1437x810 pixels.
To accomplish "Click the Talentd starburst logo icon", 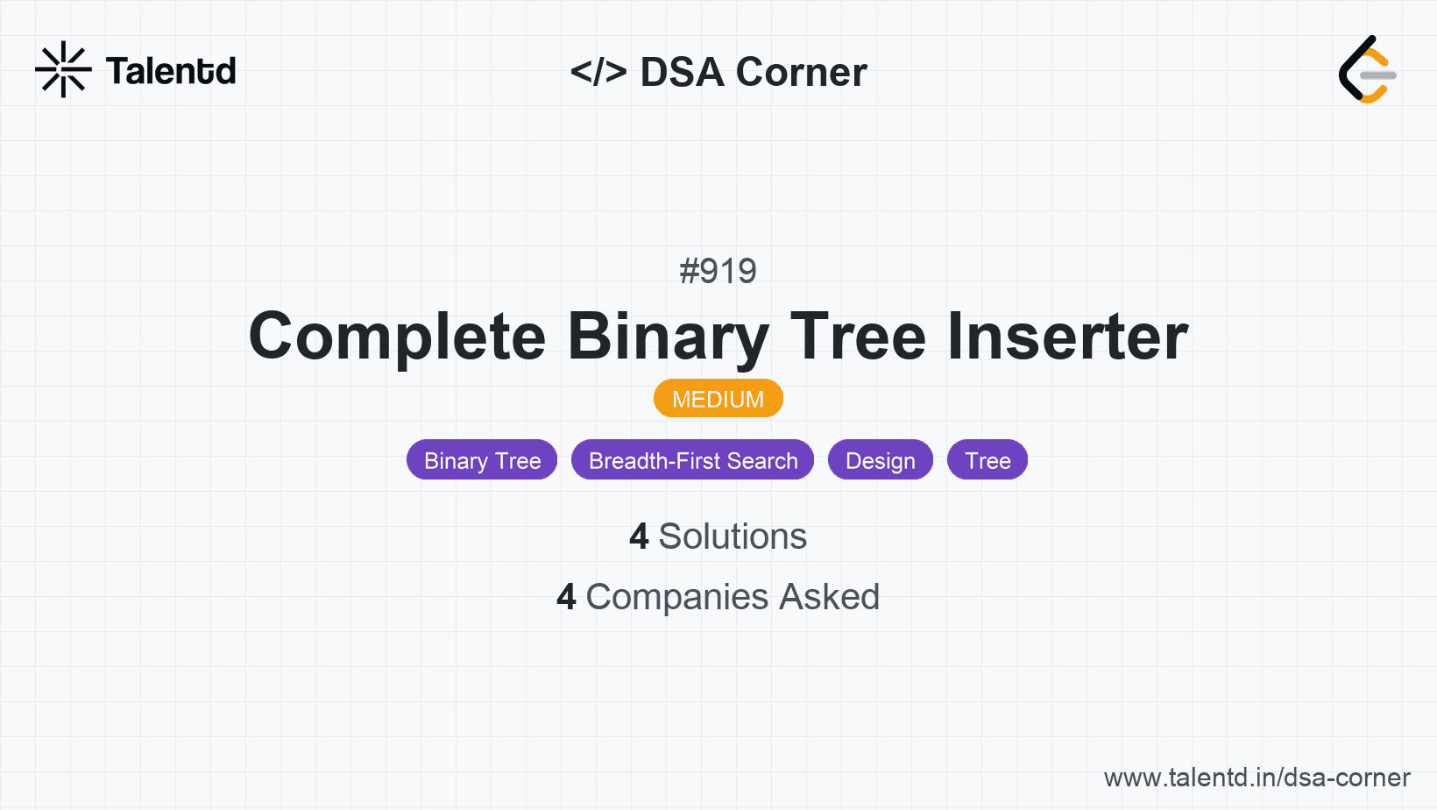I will [63, 69].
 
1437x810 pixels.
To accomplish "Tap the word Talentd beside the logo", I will [171, 71].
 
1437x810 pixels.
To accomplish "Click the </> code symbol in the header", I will [598, 72].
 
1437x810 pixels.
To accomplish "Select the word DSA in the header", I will [682, 72].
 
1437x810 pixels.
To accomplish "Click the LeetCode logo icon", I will [1367, 70].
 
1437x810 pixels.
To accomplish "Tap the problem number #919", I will [718, 271].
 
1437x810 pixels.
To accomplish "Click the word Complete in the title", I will [397, 337].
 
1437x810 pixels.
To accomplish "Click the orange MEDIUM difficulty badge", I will [718, 399].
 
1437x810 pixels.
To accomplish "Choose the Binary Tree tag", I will [482, 460].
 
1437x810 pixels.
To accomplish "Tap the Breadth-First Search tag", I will [692, 460].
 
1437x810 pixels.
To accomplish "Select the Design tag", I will [880, 460].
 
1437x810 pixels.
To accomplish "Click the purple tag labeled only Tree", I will [987, 460].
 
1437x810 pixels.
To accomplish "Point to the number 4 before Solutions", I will [639, 536].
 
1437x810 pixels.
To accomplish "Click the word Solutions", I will [733, 536].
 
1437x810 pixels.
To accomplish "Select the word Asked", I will [829, 597].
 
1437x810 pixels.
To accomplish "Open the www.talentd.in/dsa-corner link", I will [1256, 778].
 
